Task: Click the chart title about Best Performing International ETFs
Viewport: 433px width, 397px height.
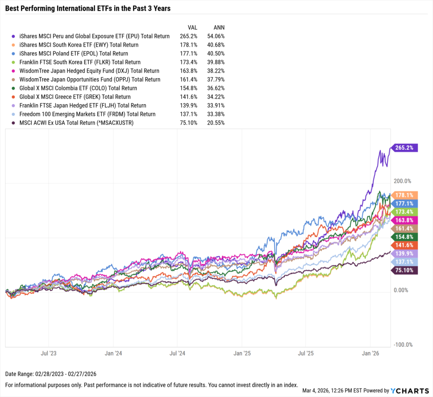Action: pos(88,8)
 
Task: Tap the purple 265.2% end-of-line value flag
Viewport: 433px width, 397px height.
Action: pos(406,148)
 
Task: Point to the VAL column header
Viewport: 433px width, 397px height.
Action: pos(193,27)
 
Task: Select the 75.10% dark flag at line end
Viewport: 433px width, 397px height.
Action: pos(406,271)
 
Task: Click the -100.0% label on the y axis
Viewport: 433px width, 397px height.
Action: pos(403,345)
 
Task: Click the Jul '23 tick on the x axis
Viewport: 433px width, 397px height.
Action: pos(49,353)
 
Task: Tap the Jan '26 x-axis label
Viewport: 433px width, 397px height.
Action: pos(371,353)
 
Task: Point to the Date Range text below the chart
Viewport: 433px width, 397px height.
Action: pos(45,375)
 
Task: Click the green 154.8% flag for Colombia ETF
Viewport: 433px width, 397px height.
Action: pos(406,236)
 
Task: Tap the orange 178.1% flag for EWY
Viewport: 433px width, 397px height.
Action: pos(406,195)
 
